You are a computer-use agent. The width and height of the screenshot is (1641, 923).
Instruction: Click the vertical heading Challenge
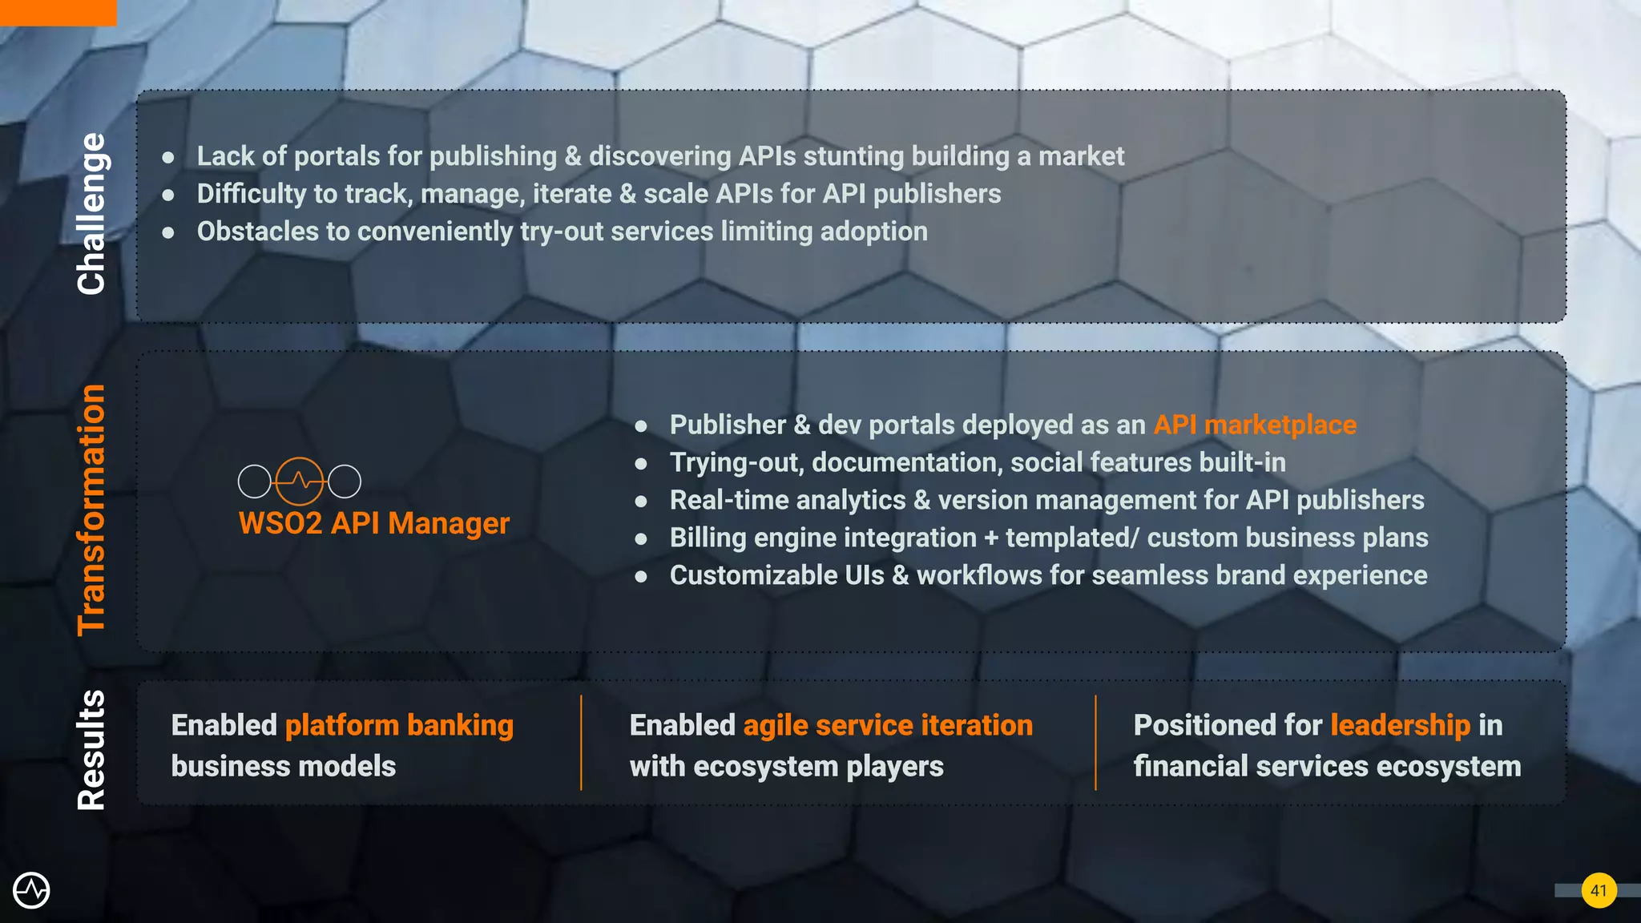91,214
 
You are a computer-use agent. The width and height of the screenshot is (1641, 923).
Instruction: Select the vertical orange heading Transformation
91,510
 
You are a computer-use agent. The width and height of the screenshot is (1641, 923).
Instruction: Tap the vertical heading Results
91,750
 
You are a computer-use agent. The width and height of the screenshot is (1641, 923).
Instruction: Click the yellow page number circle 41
1599,890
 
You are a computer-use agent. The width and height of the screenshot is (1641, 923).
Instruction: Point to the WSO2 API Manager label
374,523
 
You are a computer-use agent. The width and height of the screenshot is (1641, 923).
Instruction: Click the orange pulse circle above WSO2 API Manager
300,481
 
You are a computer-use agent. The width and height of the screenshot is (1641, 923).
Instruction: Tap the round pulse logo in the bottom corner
31,890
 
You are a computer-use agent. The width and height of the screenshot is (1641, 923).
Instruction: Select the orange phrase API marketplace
1255,425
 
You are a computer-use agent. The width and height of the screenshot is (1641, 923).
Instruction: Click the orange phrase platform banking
399,725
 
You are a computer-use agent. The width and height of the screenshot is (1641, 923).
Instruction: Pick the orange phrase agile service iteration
888,725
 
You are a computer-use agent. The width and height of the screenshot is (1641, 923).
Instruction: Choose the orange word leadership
1400,725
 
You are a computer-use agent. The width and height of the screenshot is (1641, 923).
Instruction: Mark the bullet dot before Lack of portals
168,157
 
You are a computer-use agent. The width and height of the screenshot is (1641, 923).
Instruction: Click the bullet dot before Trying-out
641,463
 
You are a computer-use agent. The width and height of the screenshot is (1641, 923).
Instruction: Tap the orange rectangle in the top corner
58,12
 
